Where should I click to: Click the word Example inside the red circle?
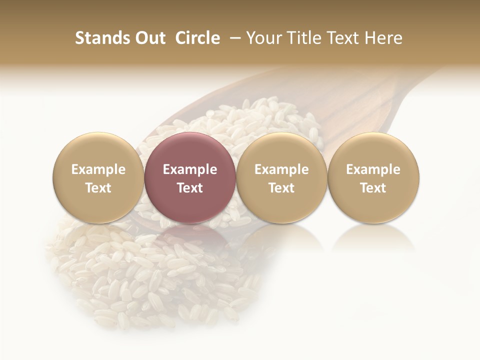coord(190,169)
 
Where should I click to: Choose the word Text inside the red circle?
coord(190,188)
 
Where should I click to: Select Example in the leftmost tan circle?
coord(98,169)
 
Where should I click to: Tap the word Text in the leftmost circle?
coord(98,188)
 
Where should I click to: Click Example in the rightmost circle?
coord(373,169)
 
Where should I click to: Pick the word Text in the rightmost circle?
coord(373,188)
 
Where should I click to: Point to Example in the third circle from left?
coord(281,169)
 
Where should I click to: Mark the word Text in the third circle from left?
coord(281,188)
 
